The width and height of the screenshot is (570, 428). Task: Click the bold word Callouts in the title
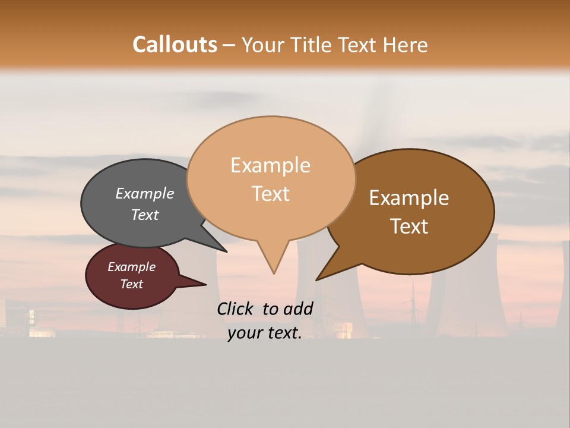click(175, 45)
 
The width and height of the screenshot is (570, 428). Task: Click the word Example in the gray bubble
click(144, 193)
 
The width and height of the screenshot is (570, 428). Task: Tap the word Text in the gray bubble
click(144, 215)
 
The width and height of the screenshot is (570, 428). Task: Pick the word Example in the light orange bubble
click(270, 165)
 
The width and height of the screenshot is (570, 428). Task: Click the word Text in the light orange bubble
click(270, 194)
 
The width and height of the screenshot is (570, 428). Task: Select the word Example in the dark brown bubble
click(409, 198)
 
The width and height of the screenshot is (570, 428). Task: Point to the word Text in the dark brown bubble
click(409, 226)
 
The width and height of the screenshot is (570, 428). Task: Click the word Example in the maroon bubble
click(131, 267)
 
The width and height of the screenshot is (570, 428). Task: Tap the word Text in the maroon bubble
click(131, 284)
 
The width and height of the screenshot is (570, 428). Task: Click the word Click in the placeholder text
click(236, 309)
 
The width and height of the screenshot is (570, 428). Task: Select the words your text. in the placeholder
click(264, 333)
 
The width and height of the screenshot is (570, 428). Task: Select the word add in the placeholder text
click(298, 309)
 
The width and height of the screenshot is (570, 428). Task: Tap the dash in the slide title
click(229, 45)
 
